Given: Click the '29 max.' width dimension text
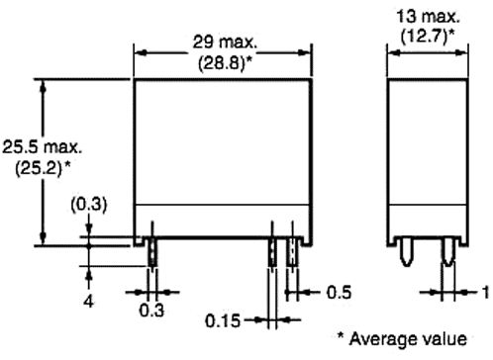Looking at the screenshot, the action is click(225, 42).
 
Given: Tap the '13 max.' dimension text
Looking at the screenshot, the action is click(428, 16).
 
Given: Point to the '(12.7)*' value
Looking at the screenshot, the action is click(428, 37).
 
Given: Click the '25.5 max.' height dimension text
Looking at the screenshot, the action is click(43, 147).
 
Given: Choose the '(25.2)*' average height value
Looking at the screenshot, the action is click(43, 168).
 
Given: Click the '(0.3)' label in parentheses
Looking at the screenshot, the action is click(89, 205).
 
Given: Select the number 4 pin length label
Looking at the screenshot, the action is click(88, 302).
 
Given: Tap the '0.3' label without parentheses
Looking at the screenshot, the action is click(151, 311).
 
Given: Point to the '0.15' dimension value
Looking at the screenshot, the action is click(223, 320).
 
